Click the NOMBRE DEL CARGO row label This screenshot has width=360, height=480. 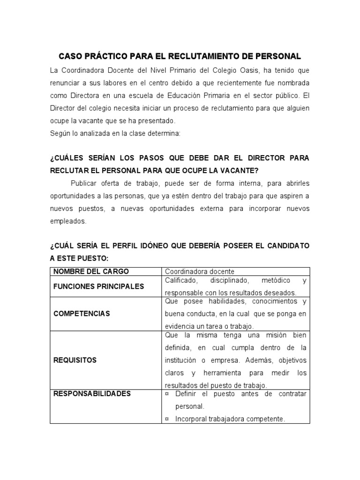point(91,271)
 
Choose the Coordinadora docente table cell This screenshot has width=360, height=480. point(200,271)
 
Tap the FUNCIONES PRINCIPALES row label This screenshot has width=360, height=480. point(98,286)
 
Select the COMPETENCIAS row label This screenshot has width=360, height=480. point(82,313)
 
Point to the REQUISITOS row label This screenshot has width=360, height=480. point(75,360)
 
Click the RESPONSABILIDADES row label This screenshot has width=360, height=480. point(92,394)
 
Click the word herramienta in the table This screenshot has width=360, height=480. point(222,373)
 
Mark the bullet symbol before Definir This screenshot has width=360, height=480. point(167,394)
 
